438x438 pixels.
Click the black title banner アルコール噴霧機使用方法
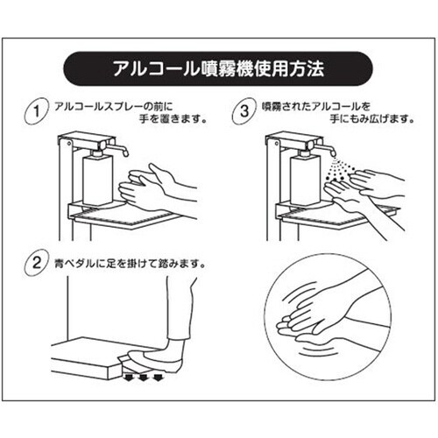click(x=219, y=67)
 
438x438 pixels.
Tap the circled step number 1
click(x=35, y=113)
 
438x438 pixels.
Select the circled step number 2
click(x=35, y=263)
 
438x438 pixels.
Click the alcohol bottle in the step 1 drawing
click(x=96, y=180)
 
